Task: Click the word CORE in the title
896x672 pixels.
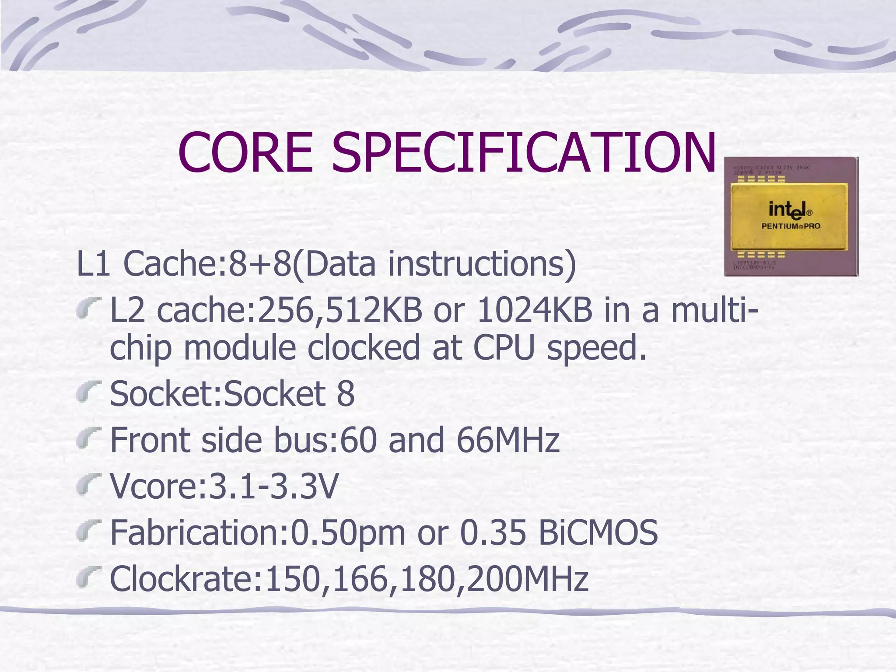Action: (245, 152)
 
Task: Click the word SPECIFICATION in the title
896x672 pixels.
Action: (524, 152)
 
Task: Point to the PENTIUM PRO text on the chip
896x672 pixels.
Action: (791, 226)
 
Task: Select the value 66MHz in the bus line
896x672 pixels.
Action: (508, 440)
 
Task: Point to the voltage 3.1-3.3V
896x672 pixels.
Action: (274, 486)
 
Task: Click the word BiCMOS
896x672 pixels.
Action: (598, 532)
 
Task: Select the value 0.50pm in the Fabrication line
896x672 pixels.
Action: (348, 532)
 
